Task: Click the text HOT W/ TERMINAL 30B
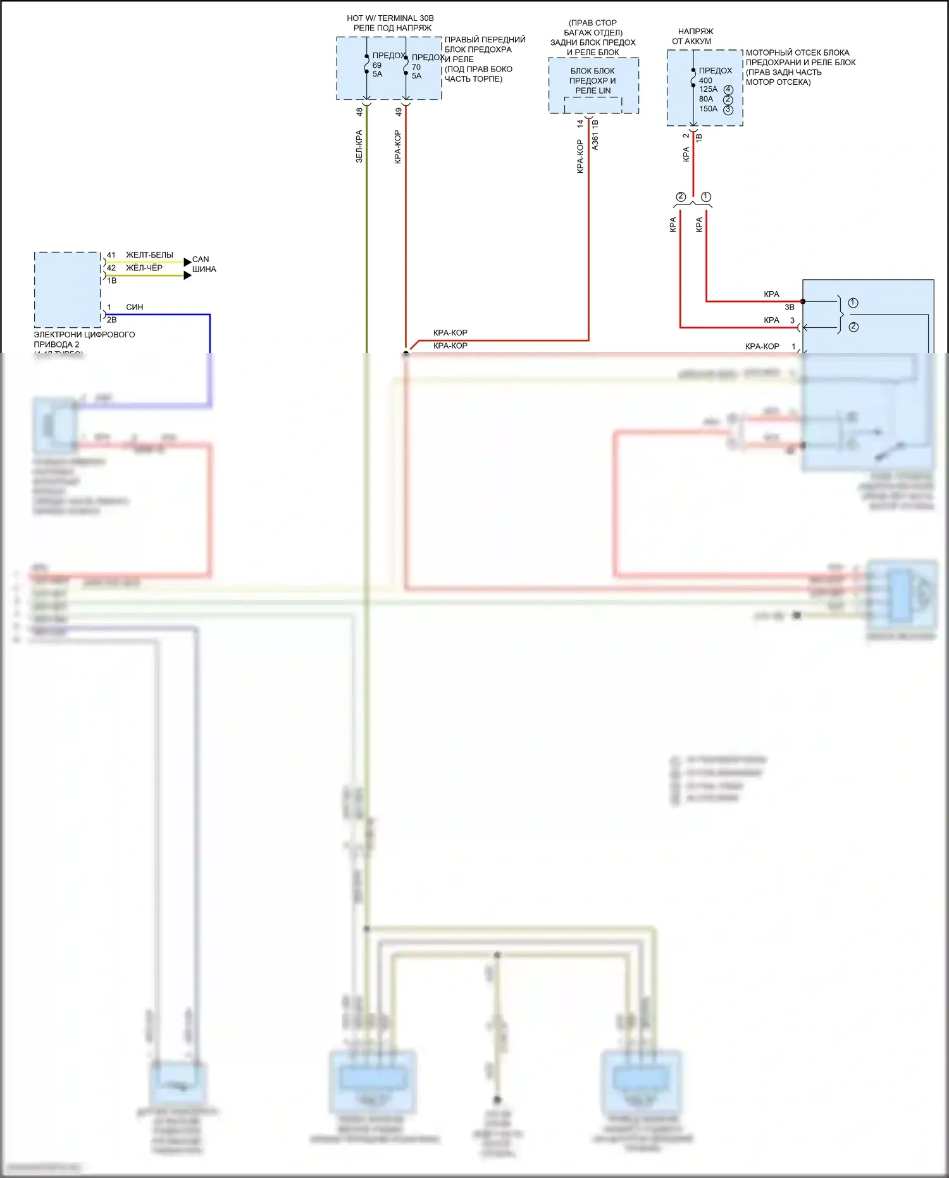[x=390, y=18]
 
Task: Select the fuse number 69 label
[x=377, y=65]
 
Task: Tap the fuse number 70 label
[x=416, y=67]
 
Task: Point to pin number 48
[x=359, y=111]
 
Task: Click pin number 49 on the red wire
[x=399, y=111]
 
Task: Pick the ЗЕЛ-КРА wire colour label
[x=359, y=146]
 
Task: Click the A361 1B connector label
[x=595, y=135]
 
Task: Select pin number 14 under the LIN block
[x=580, y=124]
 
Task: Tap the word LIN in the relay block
[x=605, y=91]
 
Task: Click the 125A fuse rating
[x=708, y=89]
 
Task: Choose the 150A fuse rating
[x=708, y=109]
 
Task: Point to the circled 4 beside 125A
[x=728, y=89]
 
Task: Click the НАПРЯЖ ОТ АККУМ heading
[x=694, y=36]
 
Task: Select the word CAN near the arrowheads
[x=201, y=260]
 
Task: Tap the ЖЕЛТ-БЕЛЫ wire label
[x=149, y=255]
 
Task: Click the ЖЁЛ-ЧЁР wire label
[x=144, y=268]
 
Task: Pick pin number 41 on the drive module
[x=111, y=255]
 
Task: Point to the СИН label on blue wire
[x=135, y=307]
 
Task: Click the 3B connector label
[x=790, y=307]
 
